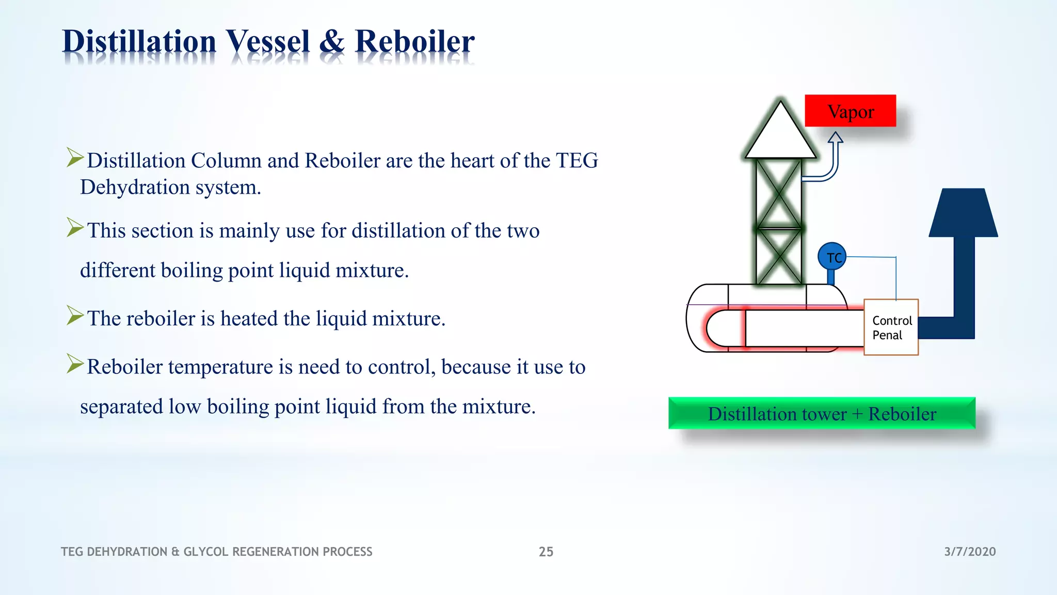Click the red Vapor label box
pos(850,111)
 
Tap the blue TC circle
pos(832,257)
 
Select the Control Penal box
pos(891,327)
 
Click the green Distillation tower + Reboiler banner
pos(822,413)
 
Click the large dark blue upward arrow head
pos(963,213)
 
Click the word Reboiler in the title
pos(414,41)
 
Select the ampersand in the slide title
pos(332,41)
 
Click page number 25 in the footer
pos(546,552)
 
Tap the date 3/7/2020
pos(970,552)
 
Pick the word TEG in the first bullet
pos(576,161)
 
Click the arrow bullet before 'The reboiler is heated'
pos(75,315)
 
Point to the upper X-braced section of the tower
pos(778,193)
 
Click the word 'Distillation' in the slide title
pos(139,41)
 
